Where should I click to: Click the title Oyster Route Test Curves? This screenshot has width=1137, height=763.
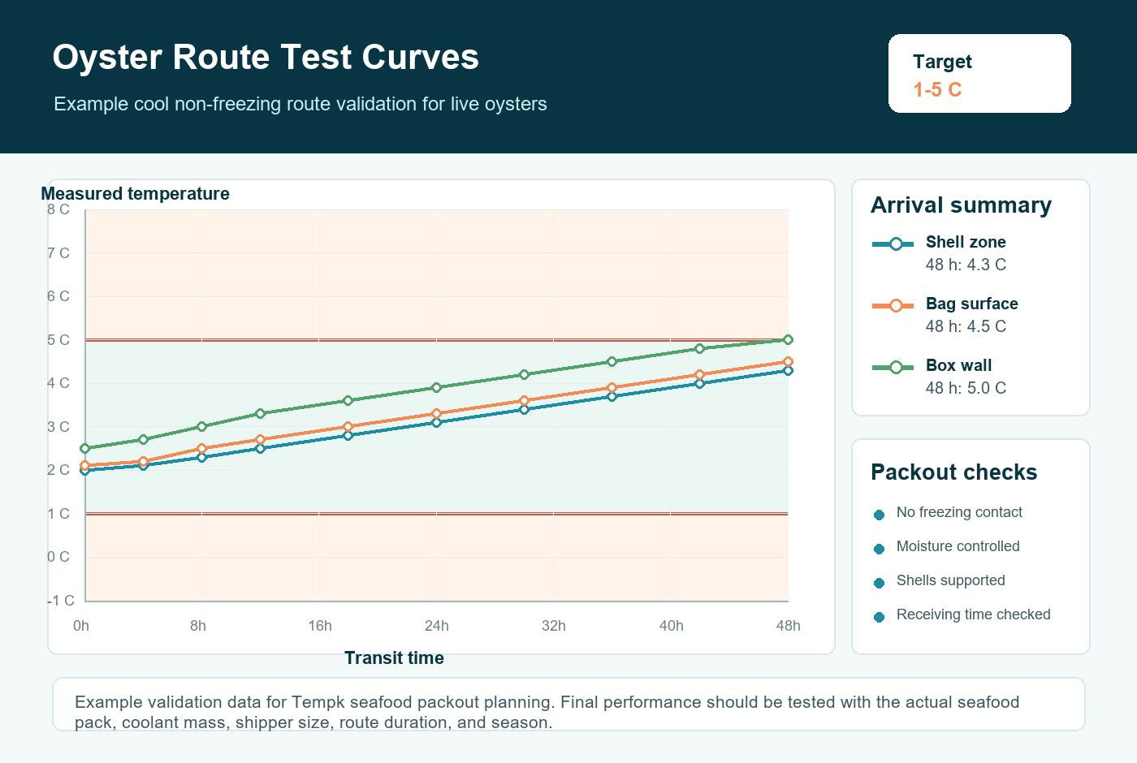266,57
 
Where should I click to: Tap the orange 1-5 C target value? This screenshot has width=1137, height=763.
937,90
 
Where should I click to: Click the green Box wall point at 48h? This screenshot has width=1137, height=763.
788,339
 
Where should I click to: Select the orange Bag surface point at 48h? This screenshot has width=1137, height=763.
788,362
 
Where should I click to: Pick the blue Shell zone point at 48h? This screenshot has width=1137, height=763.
788,371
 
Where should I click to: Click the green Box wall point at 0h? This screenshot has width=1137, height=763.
85,448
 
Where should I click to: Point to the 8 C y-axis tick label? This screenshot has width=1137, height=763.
58,209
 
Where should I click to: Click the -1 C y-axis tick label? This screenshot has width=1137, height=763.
61,601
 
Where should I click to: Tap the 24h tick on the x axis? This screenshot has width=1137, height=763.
437,626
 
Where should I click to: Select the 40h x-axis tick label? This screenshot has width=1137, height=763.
671,626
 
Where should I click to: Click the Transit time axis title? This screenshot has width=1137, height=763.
394,658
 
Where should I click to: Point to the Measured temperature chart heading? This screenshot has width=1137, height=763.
135,194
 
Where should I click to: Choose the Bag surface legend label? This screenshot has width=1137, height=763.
971,304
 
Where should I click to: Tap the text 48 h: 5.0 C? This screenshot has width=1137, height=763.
966,388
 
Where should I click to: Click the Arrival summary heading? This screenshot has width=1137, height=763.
961,205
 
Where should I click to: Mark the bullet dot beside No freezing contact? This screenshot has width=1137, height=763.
879,515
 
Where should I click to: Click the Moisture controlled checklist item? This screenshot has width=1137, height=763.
958,546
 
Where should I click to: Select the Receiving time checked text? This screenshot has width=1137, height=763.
973,614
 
